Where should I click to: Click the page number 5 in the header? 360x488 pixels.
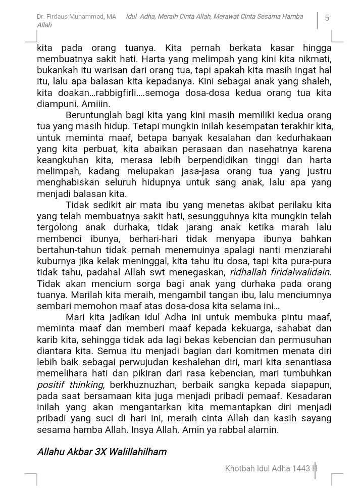(327, 18)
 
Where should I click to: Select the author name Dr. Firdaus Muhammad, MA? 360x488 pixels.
(76, 17)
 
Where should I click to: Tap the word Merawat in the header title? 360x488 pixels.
(225, 17)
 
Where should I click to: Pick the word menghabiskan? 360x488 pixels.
(68, 182)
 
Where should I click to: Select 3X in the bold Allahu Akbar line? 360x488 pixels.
(100, 452)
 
